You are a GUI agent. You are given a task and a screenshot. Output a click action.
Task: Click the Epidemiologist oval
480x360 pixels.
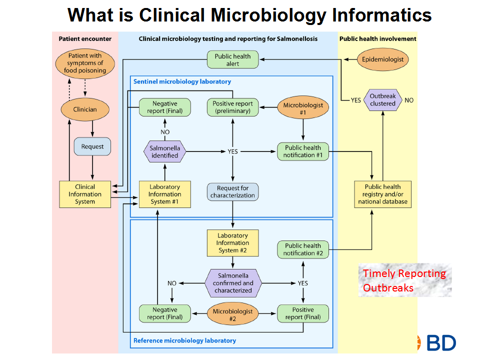click(x=383, y=60)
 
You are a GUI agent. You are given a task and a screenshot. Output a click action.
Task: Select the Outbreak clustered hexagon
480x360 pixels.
click(x=383, y=100)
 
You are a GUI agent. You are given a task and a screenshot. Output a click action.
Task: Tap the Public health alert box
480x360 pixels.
click(x=232, y=60)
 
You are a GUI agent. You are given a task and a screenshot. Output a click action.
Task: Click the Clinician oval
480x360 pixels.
click(x=85, y=109)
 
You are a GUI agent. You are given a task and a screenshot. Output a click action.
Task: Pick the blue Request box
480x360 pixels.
click(x=92, y=146)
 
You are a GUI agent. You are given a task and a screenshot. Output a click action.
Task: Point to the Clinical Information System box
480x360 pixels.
click(x=85, y=194)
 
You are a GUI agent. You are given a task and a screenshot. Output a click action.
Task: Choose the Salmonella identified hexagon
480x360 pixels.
click(x=165, y=151)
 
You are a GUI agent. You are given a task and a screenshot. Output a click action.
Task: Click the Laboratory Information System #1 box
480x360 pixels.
click(x=165, y=194)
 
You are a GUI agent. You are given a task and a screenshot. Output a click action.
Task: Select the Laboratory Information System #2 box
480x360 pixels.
click(x=232, y=243)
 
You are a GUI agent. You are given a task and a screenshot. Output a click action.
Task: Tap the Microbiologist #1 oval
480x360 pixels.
click(x=303, y=109)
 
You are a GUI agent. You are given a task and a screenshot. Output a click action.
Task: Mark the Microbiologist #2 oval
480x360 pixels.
click(x=232, y=315)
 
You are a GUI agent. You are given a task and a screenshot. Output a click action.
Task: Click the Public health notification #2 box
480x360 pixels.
click(x=303, y=249)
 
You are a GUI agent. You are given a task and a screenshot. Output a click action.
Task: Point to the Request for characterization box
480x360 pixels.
click(x=232, y=191)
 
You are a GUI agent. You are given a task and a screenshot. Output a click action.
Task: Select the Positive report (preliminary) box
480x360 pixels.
click(x=232, y=107)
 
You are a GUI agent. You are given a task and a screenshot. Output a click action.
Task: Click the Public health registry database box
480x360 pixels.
click(x=383, y=194)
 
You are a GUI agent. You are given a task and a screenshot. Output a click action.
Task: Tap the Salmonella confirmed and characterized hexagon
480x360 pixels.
click(x=232, y=283)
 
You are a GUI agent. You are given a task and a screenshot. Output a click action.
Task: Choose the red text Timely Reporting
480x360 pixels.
click(x=404, y=273)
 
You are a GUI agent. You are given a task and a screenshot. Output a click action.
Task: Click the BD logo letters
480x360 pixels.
click(x=441, y=342)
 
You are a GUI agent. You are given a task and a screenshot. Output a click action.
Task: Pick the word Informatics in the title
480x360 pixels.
click(x=381, y=15)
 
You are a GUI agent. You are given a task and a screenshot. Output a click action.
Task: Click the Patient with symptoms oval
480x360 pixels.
click(x=85, y=63)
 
